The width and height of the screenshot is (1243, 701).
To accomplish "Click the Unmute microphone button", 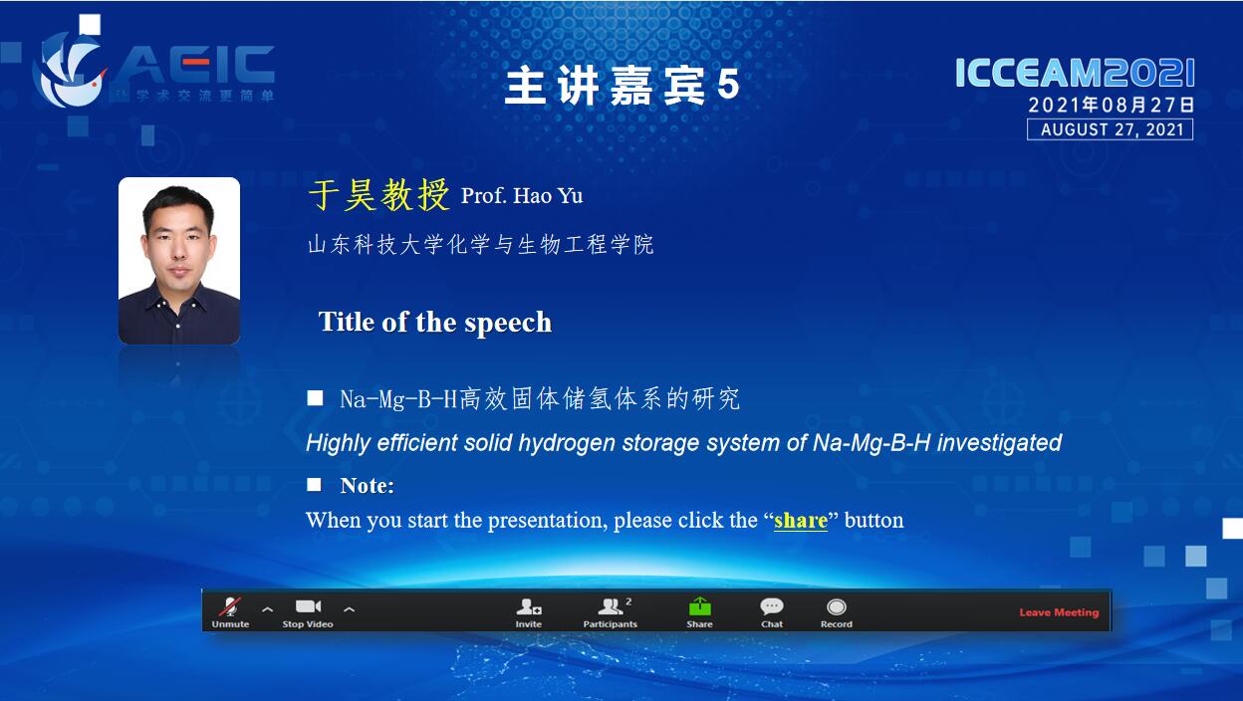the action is click(230, 611).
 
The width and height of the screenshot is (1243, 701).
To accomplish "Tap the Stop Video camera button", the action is click(308, 611).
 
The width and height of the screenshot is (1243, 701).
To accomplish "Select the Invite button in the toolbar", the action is click(528, 611).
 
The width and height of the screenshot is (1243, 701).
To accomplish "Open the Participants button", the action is click(610, 611).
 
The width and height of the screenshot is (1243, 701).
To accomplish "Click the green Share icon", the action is click(700, 606).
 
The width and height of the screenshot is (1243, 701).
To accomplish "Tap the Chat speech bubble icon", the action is click(771, 606).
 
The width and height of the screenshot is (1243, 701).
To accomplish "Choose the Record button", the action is click(837, 611).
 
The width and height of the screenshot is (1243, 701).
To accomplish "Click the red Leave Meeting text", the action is click(1059, 612).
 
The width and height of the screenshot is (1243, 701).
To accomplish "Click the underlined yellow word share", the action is click(800, 520).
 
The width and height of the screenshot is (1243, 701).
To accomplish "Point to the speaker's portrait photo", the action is click(179, 261).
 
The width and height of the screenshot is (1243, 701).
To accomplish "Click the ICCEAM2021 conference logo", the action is click(1075, 73).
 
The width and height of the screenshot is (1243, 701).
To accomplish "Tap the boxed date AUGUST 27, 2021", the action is click(1110, 129).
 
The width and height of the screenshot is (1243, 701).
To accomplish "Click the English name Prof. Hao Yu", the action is click(522, 196).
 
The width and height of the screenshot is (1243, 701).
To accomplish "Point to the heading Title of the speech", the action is click(435, 322).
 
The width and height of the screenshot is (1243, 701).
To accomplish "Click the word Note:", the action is click(367, 486).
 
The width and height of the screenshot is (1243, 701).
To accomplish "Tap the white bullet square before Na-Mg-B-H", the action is click(315, 397).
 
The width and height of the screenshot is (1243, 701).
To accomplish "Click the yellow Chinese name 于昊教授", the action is click(379, 195).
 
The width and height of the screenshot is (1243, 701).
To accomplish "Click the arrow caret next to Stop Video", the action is click(349, 609).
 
